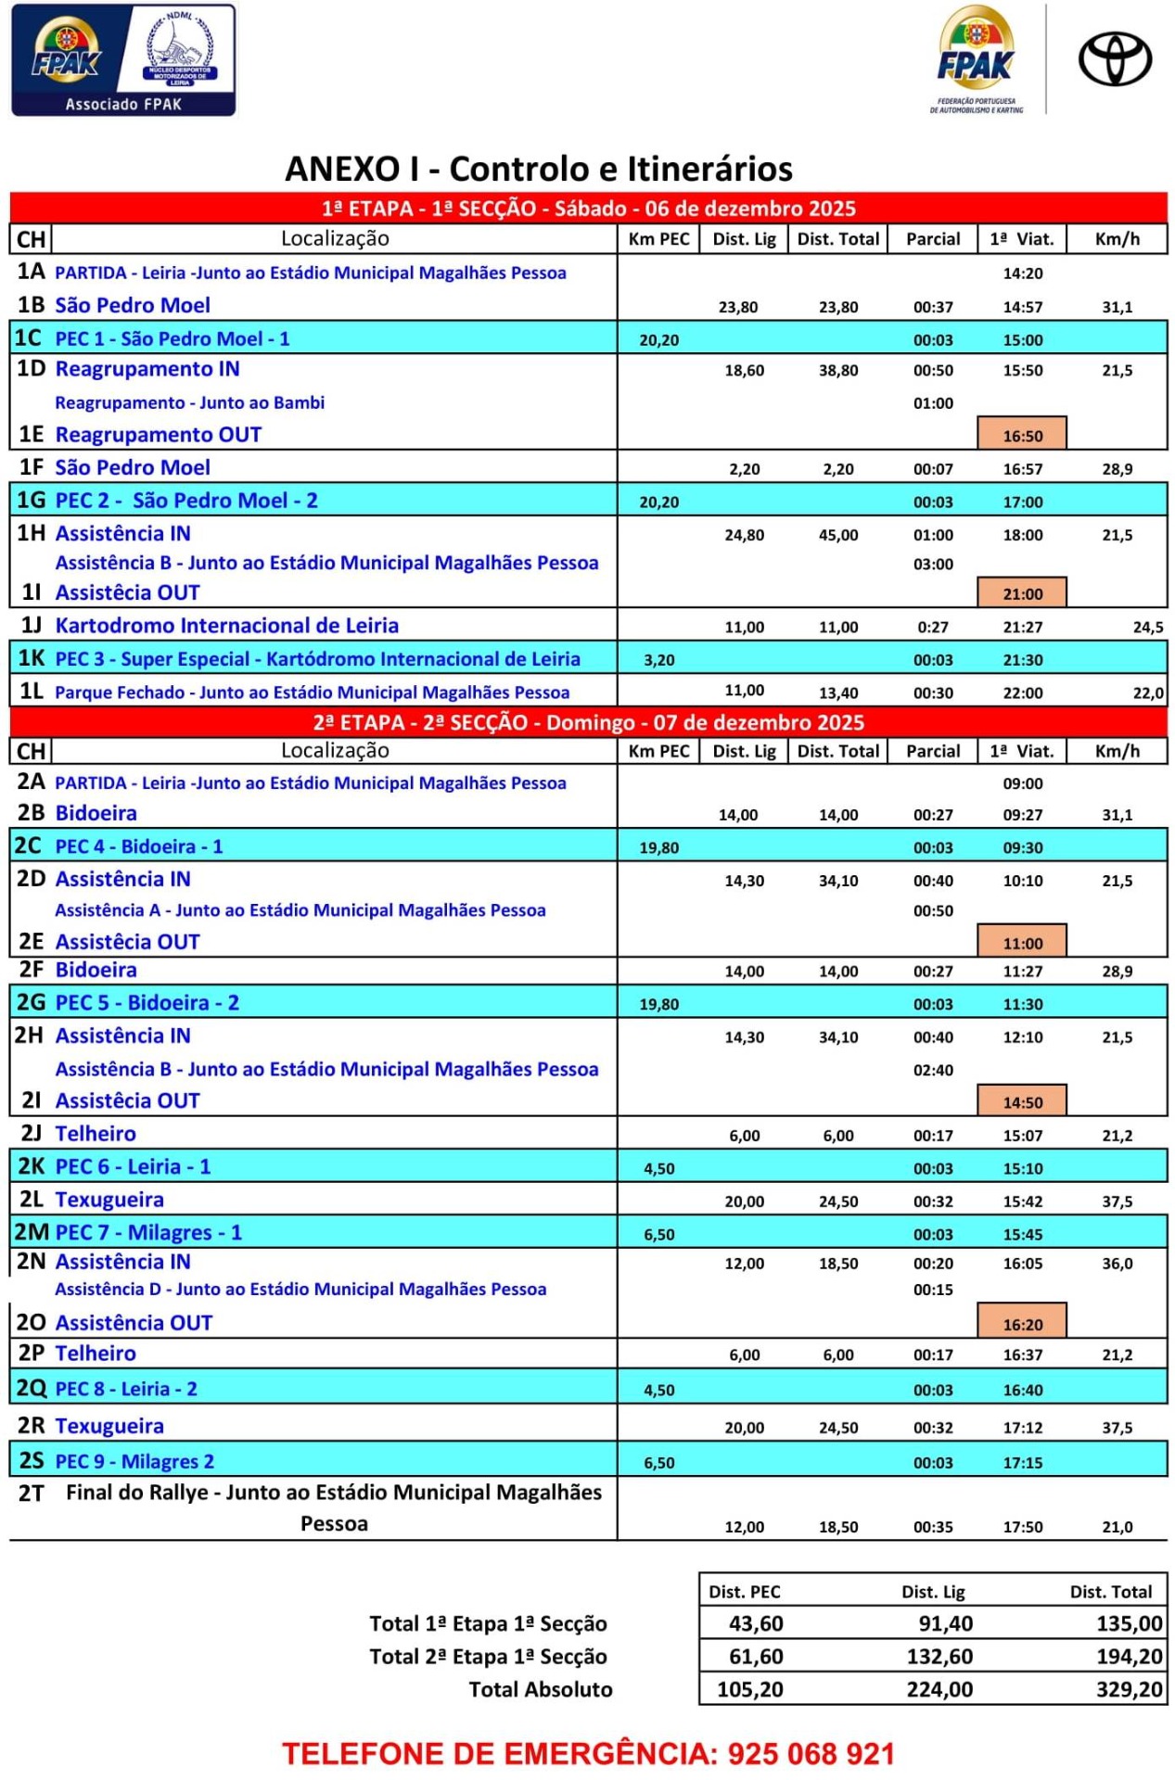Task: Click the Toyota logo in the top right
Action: point(1114,58)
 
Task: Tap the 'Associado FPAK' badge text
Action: point(123,104)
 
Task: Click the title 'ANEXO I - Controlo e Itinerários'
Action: point(539,169)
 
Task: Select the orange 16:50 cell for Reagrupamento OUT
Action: point(1022,435)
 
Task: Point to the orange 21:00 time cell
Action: point(1022,593)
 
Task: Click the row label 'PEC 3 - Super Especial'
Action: point(317,659)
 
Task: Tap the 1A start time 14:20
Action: point(1022,273)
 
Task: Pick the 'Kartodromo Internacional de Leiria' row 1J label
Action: point(227,626)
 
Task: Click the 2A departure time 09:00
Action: point(1022,783)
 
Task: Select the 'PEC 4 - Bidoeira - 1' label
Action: point(139,846)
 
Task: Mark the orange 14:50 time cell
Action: point(1022,1102)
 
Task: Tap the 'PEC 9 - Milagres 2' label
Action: point(134,1462)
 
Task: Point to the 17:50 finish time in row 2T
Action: point(1022,1527)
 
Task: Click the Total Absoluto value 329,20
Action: point(1129,1689)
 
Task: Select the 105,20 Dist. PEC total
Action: point(749,1689)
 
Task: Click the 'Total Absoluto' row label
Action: point(540,1689)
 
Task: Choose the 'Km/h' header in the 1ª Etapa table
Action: point(1117,239)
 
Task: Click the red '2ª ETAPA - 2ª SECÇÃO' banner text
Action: point(588,722)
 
